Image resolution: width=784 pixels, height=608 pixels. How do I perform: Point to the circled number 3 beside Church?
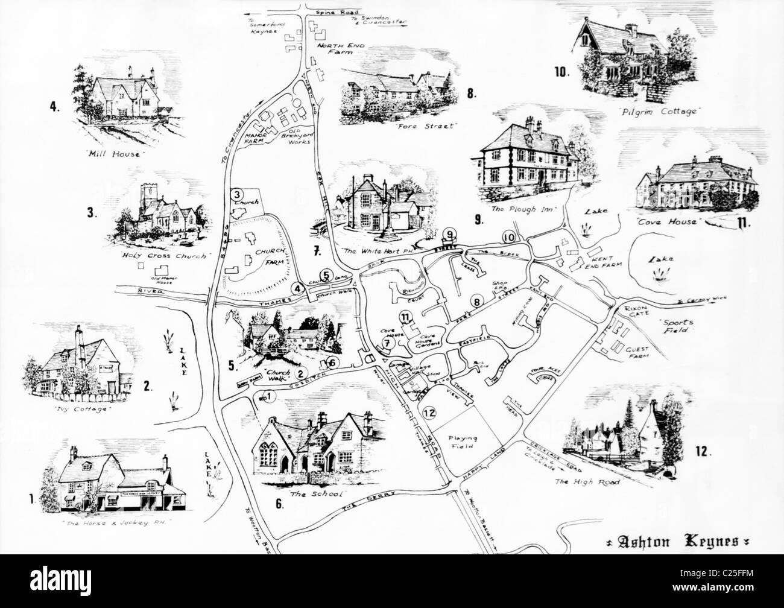[x=237, y=195]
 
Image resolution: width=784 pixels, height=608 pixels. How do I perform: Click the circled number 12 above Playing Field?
[x=429, y=413]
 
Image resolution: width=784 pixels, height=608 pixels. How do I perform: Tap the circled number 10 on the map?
[x=509, y=237]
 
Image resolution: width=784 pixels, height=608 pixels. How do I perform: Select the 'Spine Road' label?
[x=341, y=11]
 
